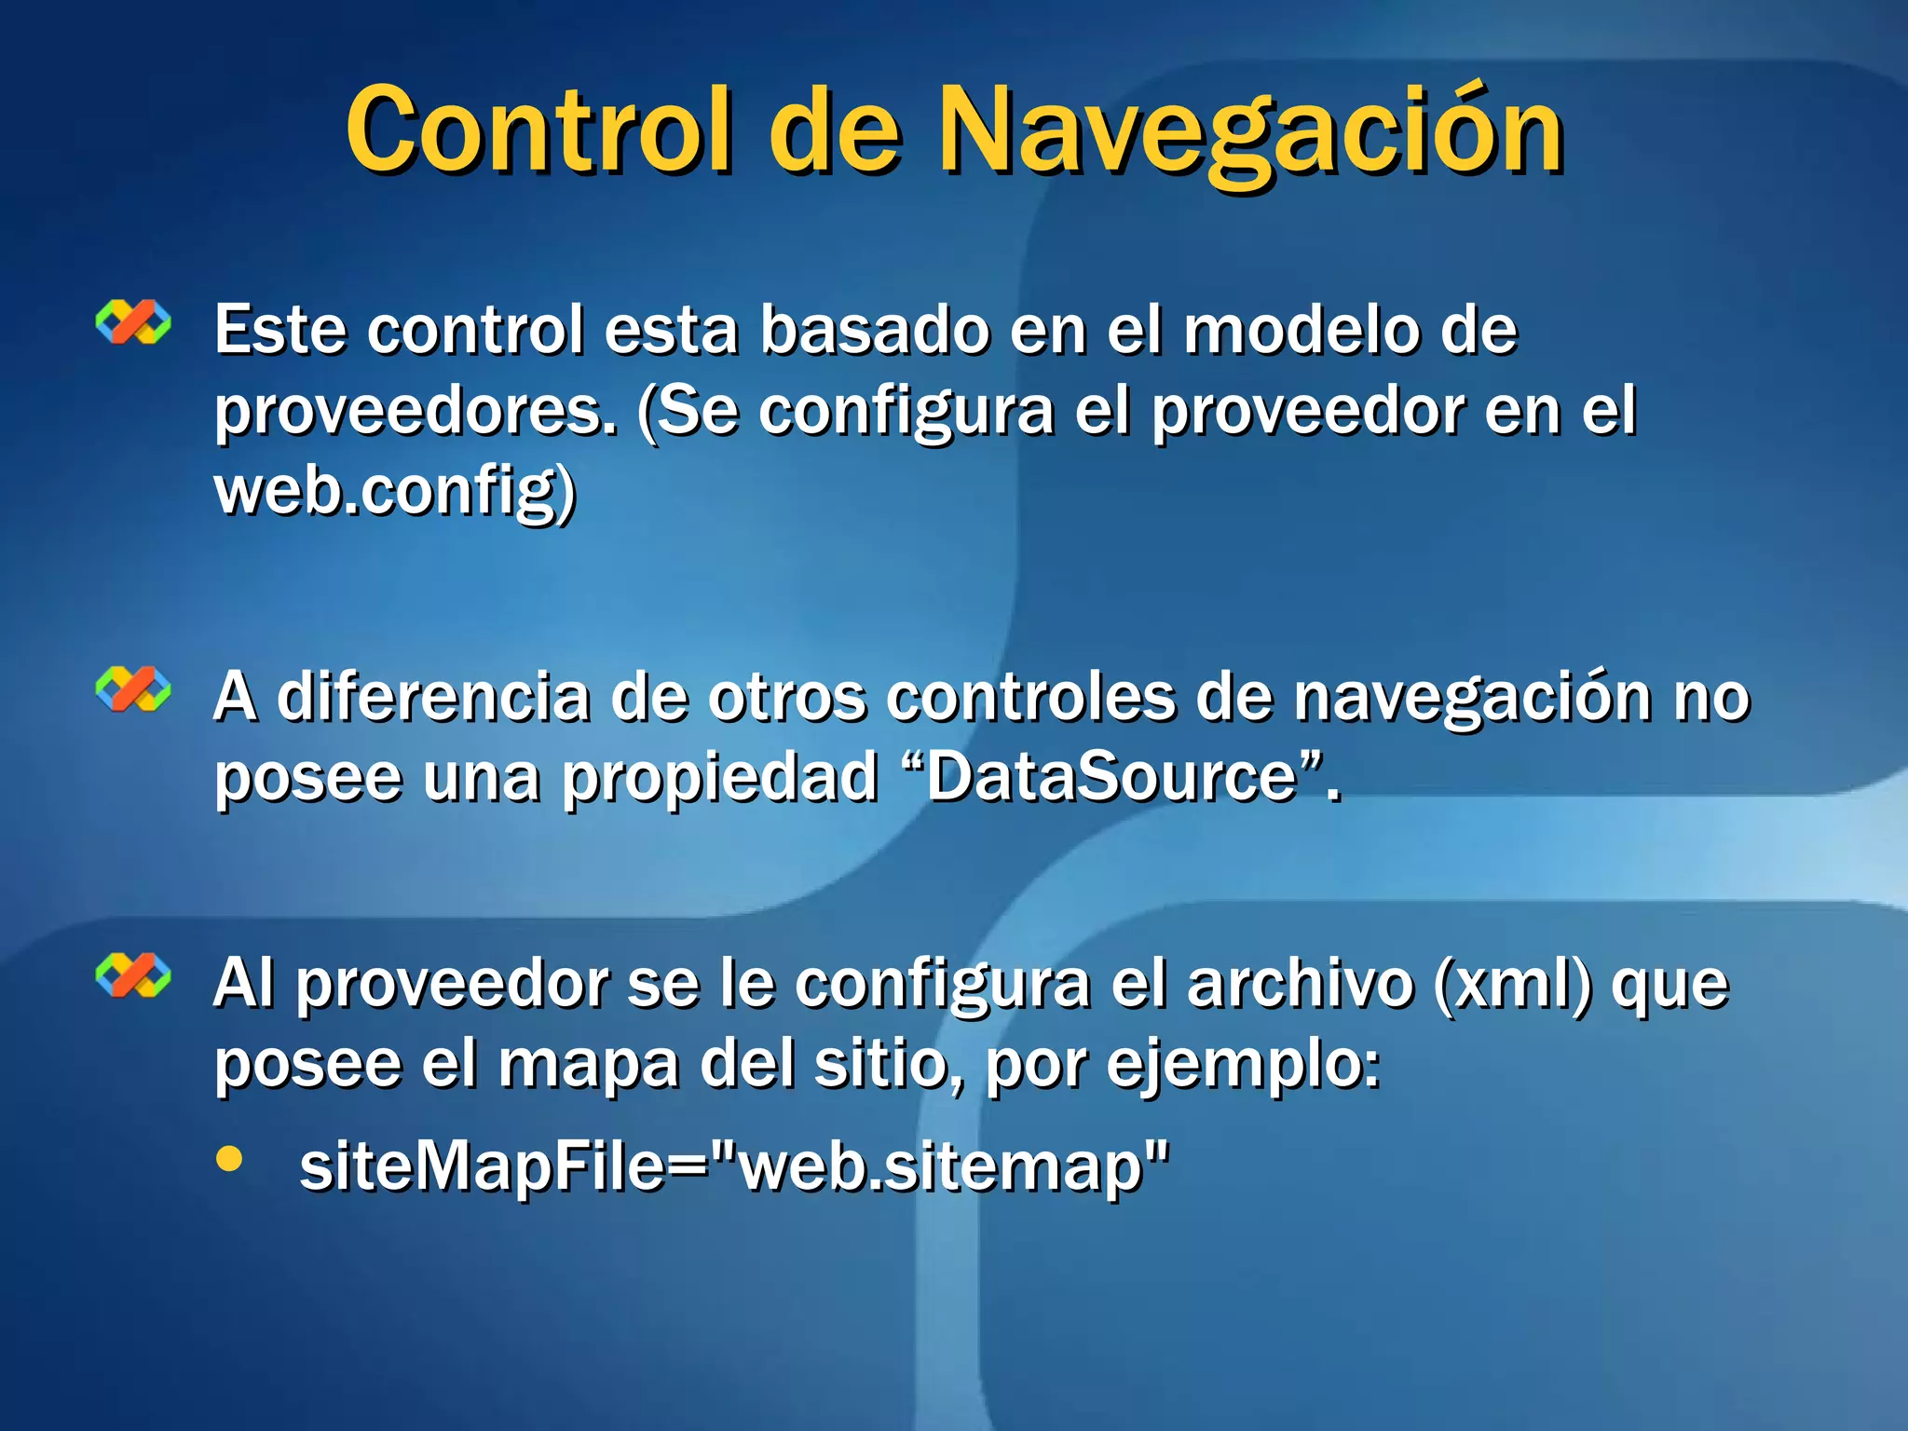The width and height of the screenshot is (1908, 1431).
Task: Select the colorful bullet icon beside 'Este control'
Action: (133, 322)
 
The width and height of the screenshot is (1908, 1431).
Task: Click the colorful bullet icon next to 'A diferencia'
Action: (133, 689)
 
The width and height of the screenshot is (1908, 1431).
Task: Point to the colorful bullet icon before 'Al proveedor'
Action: (133, 975)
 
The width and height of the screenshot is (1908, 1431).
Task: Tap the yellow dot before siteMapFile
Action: (229, 1159)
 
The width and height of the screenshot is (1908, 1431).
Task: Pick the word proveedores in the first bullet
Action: (416, 412)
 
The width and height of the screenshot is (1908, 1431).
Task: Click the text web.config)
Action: (395, 491)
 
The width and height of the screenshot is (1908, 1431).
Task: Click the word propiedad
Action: (720, 777)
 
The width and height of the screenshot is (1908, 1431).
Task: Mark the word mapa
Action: (589, 1064)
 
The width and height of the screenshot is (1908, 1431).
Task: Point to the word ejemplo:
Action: (1243, 1064)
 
